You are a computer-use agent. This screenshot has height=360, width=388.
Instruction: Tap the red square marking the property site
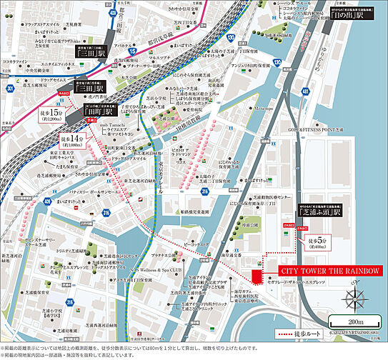[x=255, y=276]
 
